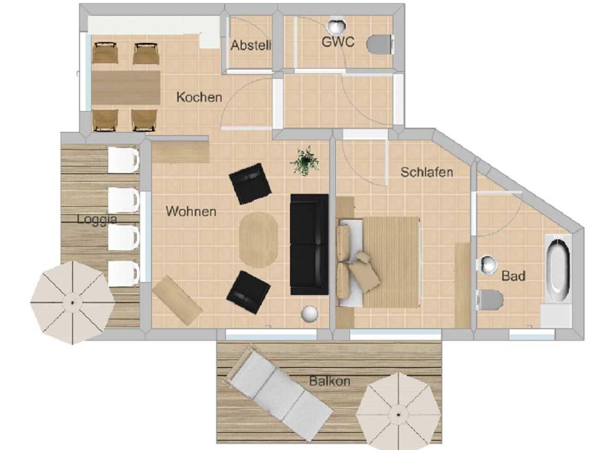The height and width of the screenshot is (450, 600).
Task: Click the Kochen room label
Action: pos(199,97)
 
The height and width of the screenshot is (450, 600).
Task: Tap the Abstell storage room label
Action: pos(251,45)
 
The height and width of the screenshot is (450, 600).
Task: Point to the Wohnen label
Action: pos(191,211)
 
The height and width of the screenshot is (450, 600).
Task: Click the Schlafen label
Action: pos(427,172)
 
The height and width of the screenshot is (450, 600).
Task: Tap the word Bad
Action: pos(513,276)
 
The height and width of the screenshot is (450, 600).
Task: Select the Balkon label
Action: pos(330,381)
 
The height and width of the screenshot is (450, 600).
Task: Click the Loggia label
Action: pos(97,219)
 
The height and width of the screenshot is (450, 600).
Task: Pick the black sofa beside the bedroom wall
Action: pos(309,244)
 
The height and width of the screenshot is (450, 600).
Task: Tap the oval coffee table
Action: pos(258,240)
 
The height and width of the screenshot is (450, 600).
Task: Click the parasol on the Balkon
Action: pos(398,414)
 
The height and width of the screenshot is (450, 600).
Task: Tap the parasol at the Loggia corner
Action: pos(72,302)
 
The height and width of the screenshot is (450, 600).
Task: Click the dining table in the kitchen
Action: pos(126,87)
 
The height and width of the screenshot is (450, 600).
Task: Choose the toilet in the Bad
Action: pos(490,300)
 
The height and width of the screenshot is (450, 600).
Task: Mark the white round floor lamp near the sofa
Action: pos(309,314)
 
